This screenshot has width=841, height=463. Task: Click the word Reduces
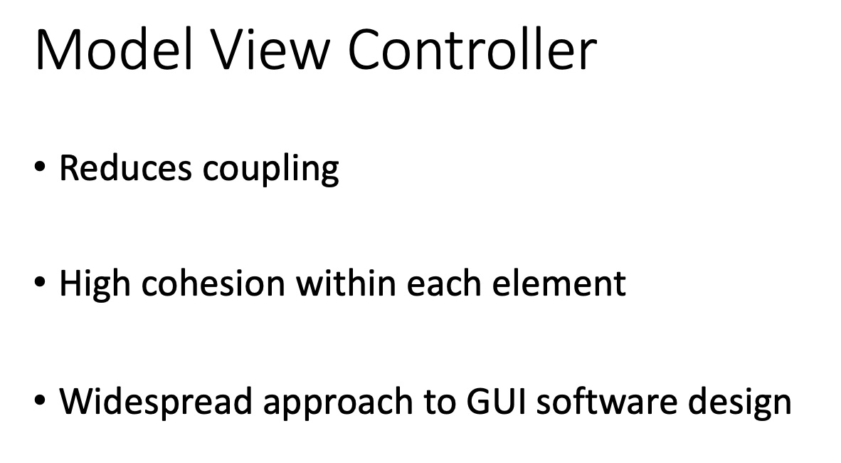click(125, 168)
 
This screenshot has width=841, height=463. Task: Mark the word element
click(563, 283)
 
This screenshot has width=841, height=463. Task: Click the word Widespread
click(156, 402)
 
